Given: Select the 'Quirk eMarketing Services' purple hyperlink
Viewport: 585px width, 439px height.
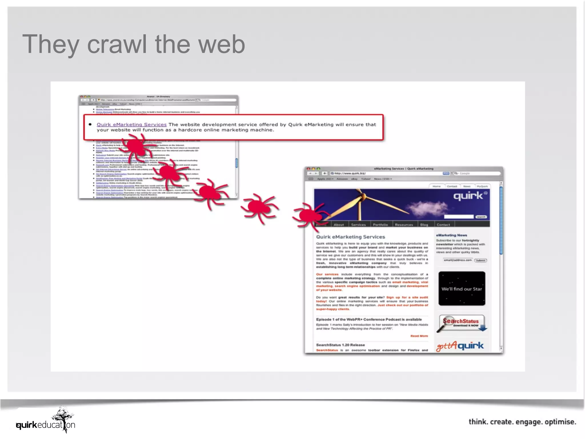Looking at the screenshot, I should pyautogui.click(x=131, y=125).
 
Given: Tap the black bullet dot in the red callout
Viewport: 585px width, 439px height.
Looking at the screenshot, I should pyautogui.click(x=90, y=124).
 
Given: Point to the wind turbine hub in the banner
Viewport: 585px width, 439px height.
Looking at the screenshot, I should pyautogui.click(x=363, y=196).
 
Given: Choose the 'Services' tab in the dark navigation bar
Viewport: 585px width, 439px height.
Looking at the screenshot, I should pyautogui.click(x=358, y=225).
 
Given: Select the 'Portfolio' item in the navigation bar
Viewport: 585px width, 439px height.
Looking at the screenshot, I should pyautogui.click(x=380, y=225).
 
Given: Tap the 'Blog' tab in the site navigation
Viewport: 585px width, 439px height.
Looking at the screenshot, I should pyautogui.click(x=424, y=225).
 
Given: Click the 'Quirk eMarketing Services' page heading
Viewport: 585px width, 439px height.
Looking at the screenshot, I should pyautogui.click(x=350, y=237).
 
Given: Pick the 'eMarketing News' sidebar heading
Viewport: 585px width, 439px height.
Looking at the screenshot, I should pyautogui.click(x=451, y=235).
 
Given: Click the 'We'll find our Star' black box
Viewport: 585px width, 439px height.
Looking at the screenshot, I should pyautogui.click(x=462, y=289).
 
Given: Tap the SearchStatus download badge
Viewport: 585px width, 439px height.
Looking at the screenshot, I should pyautogui.click(x=461, y=323).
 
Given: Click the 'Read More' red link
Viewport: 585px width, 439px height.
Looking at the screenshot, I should pyautogui.click(x=419, y=336).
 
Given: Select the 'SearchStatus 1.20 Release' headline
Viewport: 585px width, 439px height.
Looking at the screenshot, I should pyautogui.click(x=340, y=345).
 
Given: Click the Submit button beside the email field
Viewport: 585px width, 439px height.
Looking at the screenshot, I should pyautogui.click(x=480, y=260).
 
